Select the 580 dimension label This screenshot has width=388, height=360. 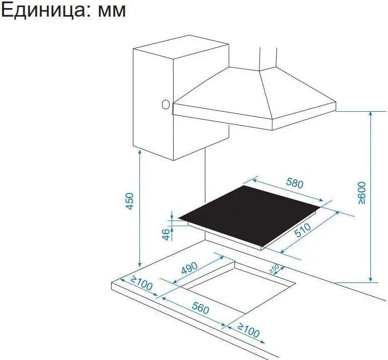pyautogui.click(x=294, y=183)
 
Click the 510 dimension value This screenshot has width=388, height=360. pyautogui.click(x=303, y=230)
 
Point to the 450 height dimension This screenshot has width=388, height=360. pyautogui.click(x=130, y=201)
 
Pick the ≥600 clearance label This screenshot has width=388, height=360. pyautogui.click(x=362, y=193)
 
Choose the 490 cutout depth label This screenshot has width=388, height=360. pyautogui.click(x=190, y=268)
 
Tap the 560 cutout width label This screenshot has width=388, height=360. pyautogui.click(x=200, y=309)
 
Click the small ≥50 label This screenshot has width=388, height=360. pyautogui.click(x=274, y=269)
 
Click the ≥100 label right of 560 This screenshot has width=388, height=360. pyautogui.click(x=249, y=330)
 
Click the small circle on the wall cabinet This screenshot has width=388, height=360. pyautogui.click(x=166, y=105)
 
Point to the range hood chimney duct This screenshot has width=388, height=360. pyautogui.click(x=268, y=58)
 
